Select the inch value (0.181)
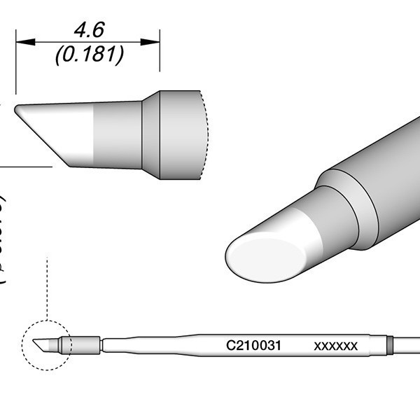pos(88,54)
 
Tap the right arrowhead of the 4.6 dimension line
pos(155,42)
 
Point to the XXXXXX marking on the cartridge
pos(336,346)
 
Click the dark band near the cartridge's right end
pos(390,345)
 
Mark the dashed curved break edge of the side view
pos(205,135)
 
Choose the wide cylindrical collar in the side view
pos(180,135)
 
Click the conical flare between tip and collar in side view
pos(150,135)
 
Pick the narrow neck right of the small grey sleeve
pos(101,345)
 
